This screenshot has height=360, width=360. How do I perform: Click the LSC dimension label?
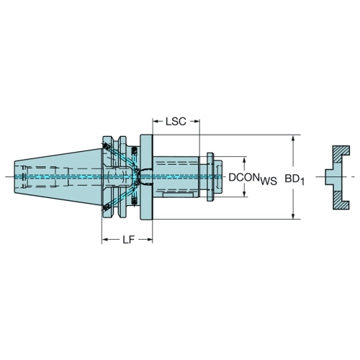[x=176, y=122]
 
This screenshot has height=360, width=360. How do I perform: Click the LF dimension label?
[x=129, y=239]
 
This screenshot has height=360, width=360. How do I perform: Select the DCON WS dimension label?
[x=253, y=179]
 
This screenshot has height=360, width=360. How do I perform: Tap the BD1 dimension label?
[x=294, y=179]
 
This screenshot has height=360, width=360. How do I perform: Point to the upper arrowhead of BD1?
[x=293, y=138]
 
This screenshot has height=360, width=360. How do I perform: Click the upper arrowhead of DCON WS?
[x=244, y=161]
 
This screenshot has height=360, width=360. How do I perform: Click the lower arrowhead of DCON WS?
[x=244, y=194]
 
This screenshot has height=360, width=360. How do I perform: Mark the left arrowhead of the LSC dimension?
[x=156, y=122]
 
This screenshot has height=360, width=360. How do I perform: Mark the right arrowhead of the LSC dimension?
[x=197, y=122]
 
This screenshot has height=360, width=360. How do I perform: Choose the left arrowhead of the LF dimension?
[x=105, y=239]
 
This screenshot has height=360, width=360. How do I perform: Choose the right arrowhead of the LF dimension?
[x=149, y=239]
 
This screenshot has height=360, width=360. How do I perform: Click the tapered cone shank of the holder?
[x=58, y=177]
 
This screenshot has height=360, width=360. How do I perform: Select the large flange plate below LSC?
[x=146, y=177]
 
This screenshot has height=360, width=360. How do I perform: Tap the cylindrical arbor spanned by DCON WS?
[x=176, y=177]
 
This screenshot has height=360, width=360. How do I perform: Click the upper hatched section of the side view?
[x=341, y=153]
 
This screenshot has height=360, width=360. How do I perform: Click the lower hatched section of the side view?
[x=341, y=200]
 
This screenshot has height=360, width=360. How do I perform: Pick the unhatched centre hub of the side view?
[x=333, y=177]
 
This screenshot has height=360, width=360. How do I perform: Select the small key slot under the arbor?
[x=179, y=194]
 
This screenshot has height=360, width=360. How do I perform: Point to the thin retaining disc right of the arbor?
[x=210, y=177]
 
